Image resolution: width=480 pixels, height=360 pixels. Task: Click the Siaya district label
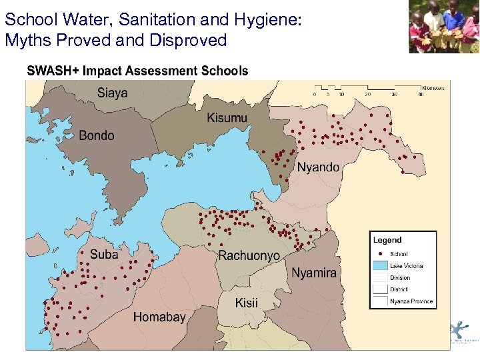pyautogui.click(x=112, y=93)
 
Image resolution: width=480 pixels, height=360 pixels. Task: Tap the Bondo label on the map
pyautogui.click(x=96, y=135)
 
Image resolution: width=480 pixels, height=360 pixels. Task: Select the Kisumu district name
pyautogui.click(x=227, y=118)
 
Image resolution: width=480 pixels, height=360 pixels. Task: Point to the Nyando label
pyautogui.click(x=317, y=167)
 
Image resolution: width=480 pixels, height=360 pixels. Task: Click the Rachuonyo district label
pyautogui.click(x=249, y=256)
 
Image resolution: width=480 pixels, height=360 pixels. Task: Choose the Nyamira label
pyautogui.click(x=314, y=273)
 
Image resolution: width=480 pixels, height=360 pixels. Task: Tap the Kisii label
pyautogui.click(x=246, y=303)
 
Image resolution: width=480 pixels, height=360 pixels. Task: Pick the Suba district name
pyautogui.click(x=104, y=254)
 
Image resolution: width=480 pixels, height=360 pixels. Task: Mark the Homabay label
pyautogui.click(x=159, y=317)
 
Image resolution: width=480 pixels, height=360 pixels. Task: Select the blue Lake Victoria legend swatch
pyautogui.click(x=380, y=266)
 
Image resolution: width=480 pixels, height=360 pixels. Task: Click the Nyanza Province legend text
pyautogui.click(x=411, y=301)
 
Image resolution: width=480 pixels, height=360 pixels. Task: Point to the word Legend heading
pyautogui.click(x=387, y=240)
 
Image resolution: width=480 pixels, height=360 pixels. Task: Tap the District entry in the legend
pyautogui.click(x=399, y=290)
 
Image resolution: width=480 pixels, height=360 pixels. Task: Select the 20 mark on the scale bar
pyautogui.click(x=368, y=95)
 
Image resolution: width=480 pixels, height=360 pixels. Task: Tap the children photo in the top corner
pyautogui.click(x=443, y=27)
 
